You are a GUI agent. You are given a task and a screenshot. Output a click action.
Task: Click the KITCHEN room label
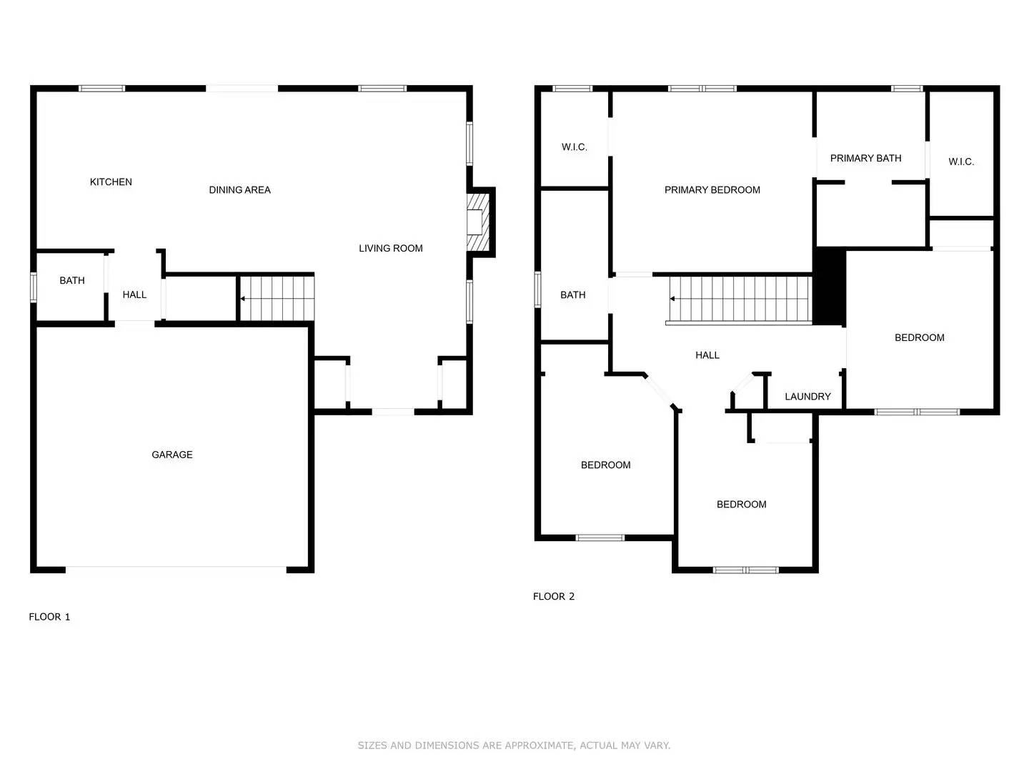(x=111, y=182)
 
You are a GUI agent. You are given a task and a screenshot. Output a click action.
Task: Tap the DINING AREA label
(x=239, y=190)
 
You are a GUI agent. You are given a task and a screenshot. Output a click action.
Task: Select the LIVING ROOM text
(x=390, y=249)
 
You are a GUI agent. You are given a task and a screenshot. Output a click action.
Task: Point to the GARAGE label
(x=171, y=455)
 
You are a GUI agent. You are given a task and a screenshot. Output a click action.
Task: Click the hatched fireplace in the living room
(x=477, y=222)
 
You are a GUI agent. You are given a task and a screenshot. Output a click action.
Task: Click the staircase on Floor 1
(x=277, y=298)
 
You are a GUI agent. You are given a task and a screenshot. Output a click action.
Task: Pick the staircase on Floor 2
(x=740, y=299)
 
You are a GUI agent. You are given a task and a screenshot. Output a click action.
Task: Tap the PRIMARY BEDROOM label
(x=712, y=190)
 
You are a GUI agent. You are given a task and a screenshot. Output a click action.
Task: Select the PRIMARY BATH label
(x=865, y=159)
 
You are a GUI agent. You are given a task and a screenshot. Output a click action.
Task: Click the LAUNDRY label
(x=807, y=397)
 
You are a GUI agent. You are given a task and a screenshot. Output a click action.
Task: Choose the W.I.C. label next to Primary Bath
(x=961, y=162)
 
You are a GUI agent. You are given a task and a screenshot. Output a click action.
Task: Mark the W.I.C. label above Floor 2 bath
(x=574, y=147)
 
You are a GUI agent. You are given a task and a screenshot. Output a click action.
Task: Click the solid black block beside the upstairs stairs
(x=830, y=286)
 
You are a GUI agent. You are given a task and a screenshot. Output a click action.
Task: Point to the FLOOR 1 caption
(x=49, y=617)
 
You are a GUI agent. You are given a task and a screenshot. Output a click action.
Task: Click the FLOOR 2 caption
(x=554, y=597)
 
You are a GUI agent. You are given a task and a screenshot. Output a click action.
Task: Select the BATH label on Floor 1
(x=71, y=281)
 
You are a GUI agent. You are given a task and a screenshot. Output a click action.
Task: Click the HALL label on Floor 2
(x=707, y=355)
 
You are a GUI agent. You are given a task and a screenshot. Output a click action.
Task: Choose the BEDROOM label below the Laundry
(x=741, y=505)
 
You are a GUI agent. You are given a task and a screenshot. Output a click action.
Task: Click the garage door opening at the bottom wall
(x=176, y=570)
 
